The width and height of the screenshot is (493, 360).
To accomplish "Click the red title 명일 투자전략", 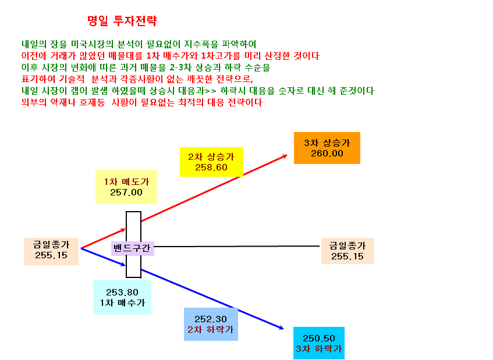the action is [x=122, y=21].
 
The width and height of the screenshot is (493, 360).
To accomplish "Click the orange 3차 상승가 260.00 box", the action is [x=327, y=148].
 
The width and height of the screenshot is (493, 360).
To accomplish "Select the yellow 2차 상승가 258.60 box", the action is [x=211, y=162].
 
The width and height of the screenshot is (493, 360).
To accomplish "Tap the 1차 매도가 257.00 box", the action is [x=126, y=187].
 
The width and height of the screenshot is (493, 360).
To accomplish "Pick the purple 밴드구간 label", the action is [x=132, y=248].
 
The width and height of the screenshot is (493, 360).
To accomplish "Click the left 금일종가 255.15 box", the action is [x=51, y=251].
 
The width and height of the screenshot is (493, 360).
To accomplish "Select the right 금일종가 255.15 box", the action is [x=347, y=251].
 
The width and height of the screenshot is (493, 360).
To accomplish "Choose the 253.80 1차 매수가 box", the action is [x=122, y=297].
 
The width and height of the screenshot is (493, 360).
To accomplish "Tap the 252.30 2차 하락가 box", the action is [x=211, y=324].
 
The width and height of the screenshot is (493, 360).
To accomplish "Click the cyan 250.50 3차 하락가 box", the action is [x=319, y=343].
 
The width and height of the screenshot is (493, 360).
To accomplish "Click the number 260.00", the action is [x=327, y=154].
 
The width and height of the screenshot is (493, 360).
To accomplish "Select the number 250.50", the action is [x=319, y=338].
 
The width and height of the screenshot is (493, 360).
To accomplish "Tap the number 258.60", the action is [x=211, y=167].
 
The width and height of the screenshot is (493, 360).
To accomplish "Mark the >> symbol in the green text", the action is [x=211, y=91].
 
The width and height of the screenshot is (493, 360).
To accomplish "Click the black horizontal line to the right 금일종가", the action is [x=237, y=246].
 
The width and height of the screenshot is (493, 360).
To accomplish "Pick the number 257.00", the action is [x=126, y=193].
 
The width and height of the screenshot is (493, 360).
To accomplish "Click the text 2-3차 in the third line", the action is [x=181, y=67].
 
